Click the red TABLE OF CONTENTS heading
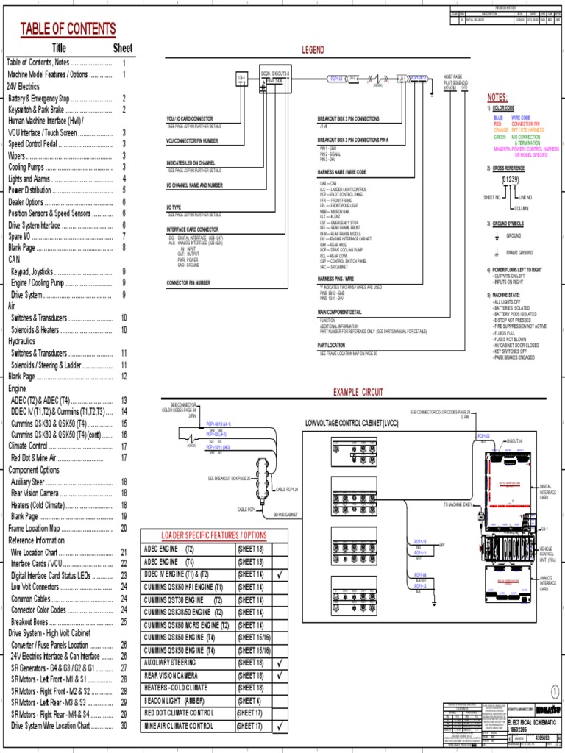pyautogui.click(x=68, y=29)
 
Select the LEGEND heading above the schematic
pyautogui.click(x=312, y=49)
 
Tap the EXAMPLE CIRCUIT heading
pyautogui.click(x=358, y=392)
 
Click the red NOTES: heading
pyautogui.click(x=497, y=97)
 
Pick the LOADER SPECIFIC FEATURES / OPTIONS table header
pyautogui.click(x=216, y=535)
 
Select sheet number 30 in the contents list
pyautogui.click(x=124, y=726)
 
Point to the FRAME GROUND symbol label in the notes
pyautogui.click(x=519, y=252)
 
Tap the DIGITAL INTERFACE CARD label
pyautogui.click(x=545, y=491)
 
